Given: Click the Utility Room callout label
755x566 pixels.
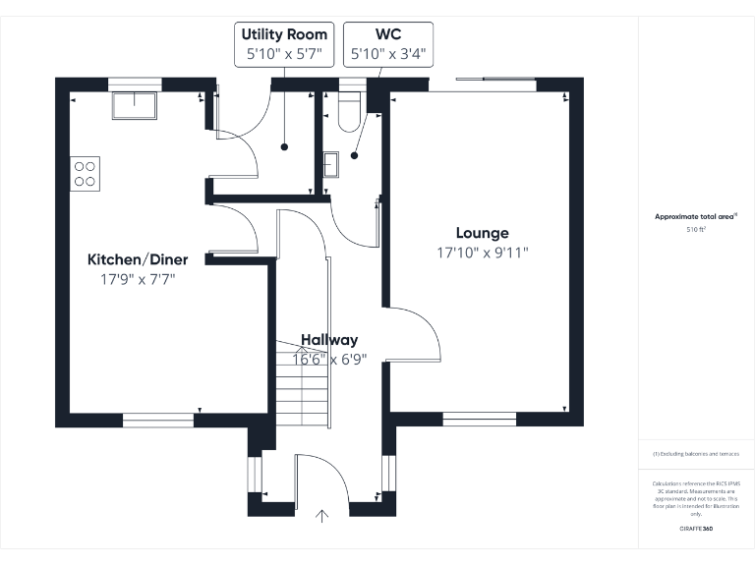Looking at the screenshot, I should coord(284,44).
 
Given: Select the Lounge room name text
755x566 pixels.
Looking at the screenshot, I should coord(482,233).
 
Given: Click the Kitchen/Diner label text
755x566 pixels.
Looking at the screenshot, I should coord(138,259).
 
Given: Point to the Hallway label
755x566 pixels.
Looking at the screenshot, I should coord(329,340).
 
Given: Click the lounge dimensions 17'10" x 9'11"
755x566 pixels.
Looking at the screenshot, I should coord(482,253).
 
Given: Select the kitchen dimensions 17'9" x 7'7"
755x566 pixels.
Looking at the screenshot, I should coord(138,279).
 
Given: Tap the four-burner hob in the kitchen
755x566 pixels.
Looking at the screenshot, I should coord(86,173).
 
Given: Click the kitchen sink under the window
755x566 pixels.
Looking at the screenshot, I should coord(134,104).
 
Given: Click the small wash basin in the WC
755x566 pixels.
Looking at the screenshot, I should coord(329,164).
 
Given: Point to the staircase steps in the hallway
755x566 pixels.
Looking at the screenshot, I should coord(300,388).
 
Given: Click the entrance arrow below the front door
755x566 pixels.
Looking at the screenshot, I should coord(321,516).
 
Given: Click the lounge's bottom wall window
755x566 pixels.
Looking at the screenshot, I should coord(479,420).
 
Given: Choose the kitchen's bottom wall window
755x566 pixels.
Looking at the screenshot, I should coord(157,421).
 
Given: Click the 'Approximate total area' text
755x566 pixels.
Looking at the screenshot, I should coord(695,216).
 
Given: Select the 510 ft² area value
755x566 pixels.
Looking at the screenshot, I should coord(696,229).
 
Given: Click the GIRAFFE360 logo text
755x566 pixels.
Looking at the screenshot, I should coord(696,529).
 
